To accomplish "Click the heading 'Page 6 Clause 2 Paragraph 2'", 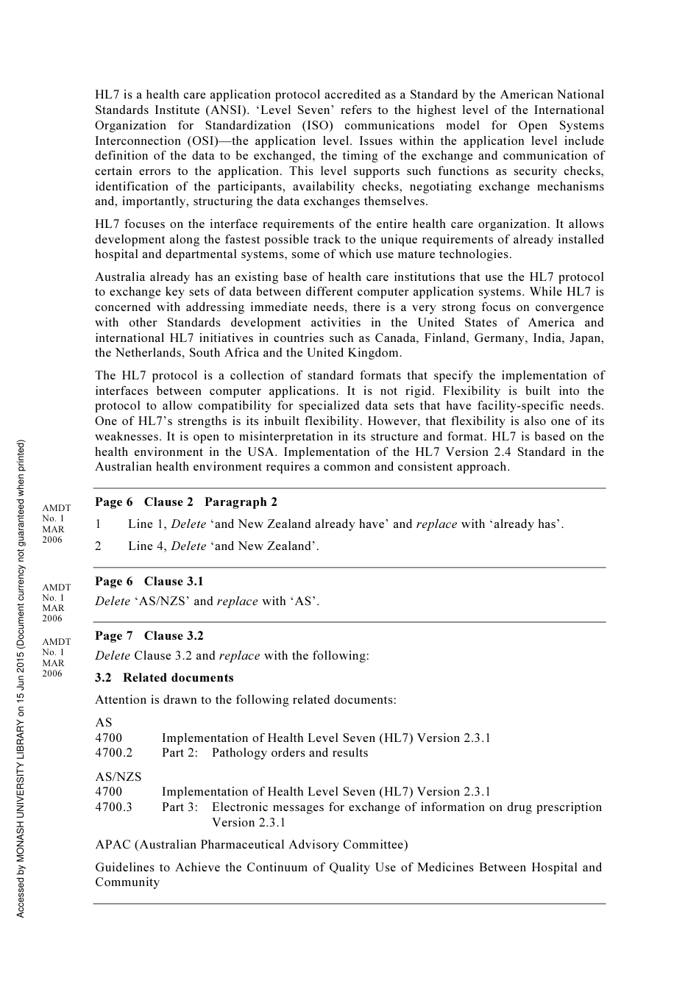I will (186, 502).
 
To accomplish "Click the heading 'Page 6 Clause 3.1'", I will (149, 582).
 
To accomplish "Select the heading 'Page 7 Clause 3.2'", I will (149, 636).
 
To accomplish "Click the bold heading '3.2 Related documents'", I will (164, 678).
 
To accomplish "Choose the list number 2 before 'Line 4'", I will (98, 546).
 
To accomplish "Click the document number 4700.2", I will (114, 753).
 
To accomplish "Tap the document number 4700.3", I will (114, 807).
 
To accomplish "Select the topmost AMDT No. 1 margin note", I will (56, 524).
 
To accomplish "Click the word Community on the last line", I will (127, 882).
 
